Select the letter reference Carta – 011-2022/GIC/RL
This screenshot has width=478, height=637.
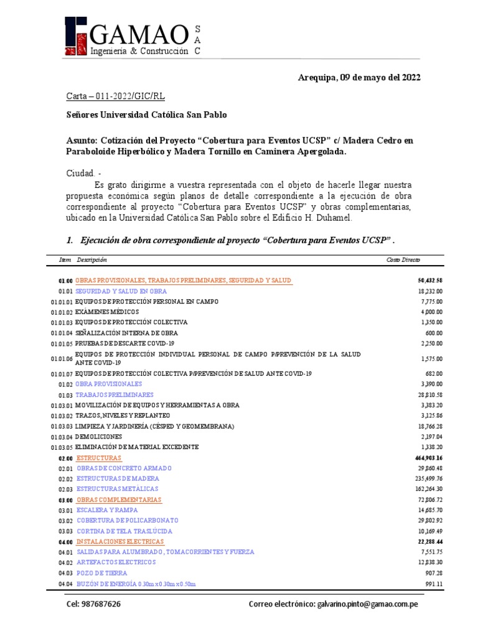point(116,96)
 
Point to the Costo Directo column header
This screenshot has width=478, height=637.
point(403,259)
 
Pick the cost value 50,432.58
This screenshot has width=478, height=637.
point(429,281)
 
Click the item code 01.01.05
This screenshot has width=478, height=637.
point(62,343)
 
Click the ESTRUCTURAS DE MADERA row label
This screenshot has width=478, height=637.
point(118,479)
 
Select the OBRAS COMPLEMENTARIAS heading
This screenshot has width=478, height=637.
point(118,500)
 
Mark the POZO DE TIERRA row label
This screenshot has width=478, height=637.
point(101,573)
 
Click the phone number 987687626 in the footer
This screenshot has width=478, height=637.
point(93,605)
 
